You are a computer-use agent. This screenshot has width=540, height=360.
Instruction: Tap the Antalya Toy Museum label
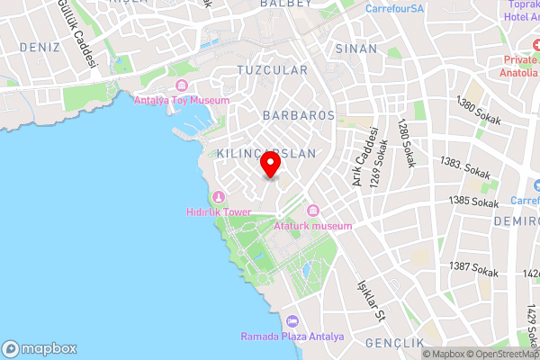[x=182, y=101]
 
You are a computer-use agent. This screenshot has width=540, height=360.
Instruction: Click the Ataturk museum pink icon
[x=313, y=211]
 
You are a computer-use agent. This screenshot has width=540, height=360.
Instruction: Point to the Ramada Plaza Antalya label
[x=292, y=337]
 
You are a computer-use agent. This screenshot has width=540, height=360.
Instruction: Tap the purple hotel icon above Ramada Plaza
[x=292, y=322]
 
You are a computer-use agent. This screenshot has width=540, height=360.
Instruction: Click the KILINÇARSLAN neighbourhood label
[x=266, y=154]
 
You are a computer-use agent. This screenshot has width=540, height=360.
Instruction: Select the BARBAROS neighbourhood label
[x=299, y=116]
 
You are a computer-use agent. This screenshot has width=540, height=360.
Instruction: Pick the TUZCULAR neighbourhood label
[x=272, y=69]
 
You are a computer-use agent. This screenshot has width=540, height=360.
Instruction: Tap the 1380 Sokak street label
[x=477, y=111]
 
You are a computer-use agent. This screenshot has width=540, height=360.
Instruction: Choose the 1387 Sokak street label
[x=474, y=268]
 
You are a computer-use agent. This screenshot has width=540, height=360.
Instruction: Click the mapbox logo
[x=40, y=349]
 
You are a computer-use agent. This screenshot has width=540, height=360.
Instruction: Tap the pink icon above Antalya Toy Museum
[x=182, y=85]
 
